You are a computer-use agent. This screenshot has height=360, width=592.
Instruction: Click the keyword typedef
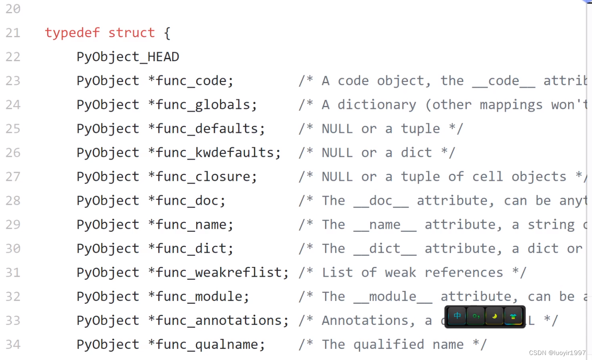click(x=72, y=33)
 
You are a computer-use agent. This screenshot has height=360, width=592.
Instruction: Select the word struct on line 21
click(x=131, y=33)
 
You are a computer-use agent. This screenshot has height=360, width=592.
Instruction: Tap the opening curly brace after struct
click(x=167, y=33)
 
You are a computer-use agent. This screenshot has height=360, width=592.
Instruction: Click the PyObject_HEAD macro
click(x=128, y=57)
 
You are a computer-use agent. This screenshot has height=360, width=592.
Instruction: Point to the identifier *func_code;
click(x=190, y=81)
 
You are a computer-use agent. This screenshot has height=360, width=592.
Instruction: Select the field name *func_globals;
click(x=202, y=105)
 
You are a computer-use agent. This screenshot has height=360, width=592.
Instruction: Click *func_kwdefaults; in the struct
click(x=214, y=153)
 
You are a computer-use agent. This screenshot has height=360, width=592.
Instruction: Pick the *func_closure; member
click(x=202, y=177)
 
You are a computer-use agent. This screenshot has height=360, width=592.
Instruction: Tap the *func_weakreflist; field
click(x=218, y=273)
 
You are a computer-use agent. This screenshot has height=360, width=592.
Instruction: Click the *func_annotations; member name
click(x=218, y=321)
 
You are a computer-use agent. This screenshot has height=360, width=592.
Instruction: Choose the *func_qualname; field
click(x=206, y=345)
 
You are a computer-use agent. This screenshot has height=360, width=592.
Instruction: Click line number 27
click(x=13, y=177)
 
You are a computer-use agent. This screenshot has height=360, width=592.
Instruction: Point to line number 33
click(x=13, y=321)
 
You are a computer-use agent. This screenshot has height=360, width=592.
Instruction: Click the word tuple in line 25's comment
click(x=420, y=129)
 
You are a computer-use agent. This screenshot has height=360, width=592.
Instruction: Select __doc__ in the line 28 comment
click(x=381, y=201)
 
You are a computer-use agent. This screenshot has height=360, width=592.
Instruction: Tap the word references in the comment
click(x=464, y=273)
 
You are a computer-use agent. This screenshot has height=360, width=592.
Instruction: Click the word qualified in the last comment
click(x=389, y=345)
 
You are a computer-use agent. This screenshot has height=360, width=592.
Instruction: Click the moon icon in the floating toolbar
click(x=494, y=317)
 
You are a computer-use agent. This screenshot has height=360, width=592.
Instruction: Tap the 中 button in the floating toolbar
click(x=457, y=317)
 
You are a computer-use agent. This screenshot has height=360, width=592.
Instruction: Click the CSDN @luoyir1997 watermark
click(x=557, y=353)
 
